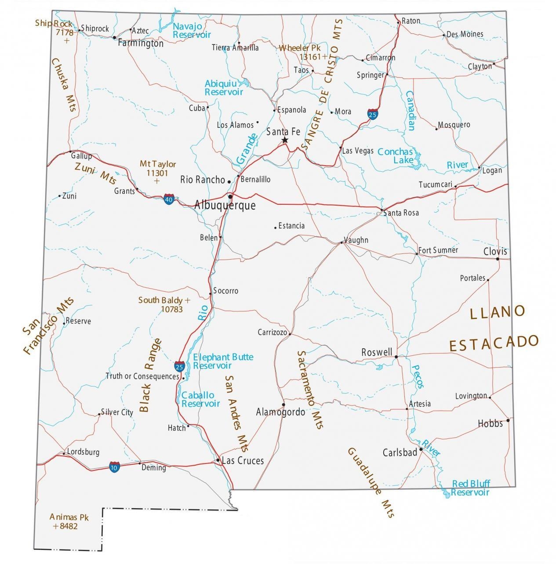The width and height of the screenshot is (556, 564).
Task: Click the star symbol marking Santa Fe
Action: click(285, 140)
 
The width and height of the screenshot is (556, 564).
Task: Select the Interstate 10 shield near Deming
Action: click(114, 467)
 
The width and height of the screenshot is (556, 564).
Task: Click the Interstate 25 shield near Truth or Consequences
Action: click(179, 366)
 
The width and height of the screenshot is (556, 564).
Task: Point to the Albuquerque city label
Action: click(225, 206)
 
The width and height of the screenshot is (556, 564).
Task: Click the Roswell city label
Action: click(377, 352)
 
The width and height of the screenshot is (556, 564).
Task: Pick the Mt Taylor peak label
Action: click(158, 164)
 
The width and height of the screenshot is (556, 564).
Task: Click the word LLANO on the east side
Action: click(498, 313)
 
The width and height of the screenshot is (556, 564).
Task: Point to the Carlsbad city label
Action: click(400, 452)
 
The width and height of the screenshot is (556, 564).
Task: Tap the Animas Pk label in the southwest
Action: click(69, 517)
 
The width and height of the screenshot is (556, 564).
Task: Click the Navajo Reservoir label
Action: click(191, 30)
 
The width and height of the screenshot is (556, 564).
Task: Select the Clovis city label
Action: click(495, 252)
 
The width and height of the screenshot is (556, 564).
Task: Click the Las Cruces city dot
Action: click(218, 460)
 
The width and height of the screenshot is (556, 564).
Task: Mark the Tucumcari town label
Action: click(435, 184)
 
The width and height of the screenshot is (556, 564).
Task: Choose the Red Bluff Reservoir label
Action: click(470, 488)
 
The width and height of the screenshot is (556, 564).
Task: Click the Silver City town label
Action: click(117, 412)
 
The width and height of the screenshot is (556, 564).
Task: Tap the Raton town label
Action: click(411, 21)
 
